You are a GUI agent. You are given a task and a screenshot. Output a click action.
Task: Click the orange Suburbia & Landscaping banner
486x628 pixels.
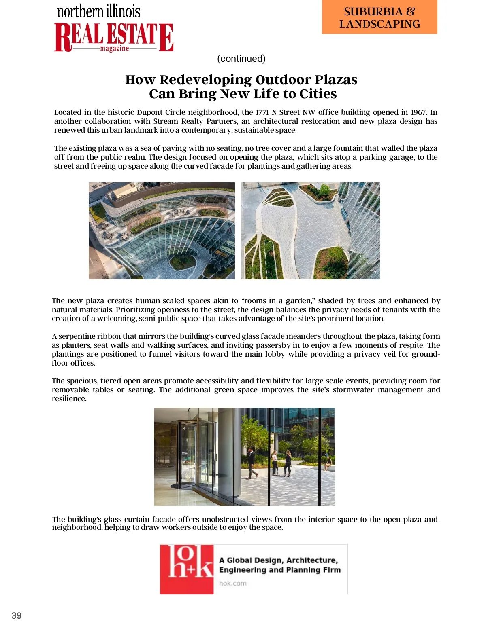tap(379, 17)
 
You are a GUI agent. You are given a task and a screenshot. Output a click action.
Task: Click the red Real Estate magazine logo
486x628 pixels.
tap(114, 37)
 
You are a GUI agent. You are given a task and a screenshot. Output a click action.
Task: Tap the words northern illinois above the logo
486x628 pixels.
tap(98, 11)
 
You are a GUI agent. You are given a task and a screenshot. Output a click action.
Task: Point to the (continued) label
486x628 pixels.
tap(241, 59)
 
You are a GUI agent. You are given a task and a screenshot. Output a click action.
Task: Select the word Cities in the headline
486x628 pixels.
tap(318, 94)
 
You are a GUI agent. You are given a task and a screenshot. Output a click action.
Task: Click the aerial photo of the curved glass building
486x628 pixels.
tap(162, 230)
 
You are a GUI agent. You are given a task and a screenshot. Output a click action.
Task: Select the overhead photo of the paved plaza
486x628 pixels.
tap(311, 230)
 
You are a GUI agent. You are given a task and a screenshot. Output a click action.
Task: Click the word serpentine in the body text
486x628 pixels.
tap(79, 336)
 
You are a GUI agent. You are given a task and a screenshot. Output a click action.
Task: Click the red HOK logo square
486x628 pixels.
tap(187, 569)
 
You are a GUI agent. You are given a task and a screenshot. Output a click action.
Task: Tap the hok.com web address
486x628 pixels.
tap(233, 583)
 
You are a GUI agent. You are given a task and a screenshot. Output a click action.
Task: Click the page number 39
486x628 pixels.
tap(17, 615)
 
